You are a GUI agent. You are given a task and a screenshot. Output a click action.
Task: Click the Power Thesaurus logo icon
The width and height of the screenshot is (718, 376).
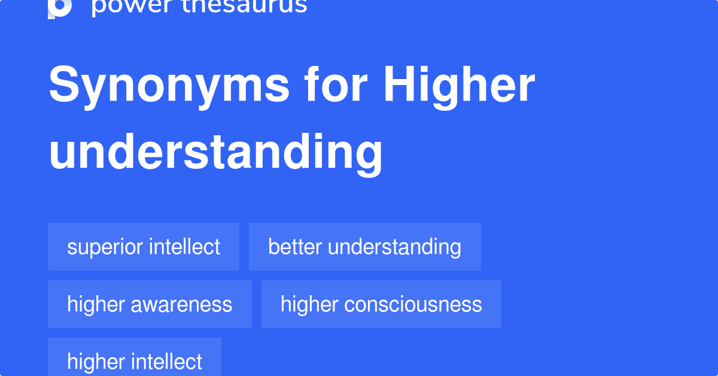[60, 7]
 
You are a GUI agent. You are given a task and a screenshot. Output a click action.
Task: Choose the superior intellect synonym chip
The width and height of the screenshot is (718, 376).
[144, 247]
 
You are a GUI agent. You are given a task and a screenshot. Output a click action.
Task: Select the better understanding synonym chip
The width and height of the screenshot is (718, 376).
[364, 247]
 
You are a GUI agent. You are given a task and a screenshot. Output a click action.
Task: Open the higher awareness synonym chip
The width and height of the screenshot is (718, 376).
[150, 304]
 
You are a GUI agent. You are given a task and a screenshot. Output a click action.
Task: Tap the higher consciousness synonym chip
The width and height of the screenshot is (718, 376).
[381, 304]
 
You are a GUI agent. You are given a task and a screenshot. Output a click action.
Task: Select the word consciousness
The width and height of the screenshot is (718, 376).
[413, 304]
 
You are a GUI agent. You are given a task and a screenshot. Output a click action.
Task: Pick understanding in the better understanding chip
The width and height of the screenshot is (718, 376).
[394, 247]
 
